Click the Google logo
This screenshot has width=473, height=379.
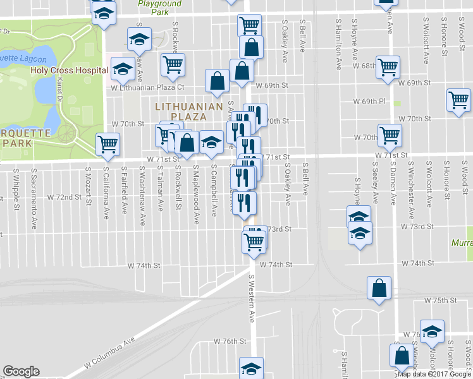click(21, 372)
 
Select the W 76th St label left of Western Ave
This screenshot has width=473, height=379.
click(229, 341)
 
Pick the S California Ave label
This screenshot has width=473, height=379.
click(106, 188)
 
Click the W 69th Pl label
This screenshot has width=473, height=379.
click(369, 102)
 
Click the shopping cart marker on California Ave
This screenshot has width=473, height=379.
click(108, 145)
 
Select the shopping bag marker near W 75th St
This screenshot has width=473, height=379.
click(378, 288)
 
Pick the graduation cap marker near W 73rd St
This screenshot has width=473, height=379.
click(359, 234)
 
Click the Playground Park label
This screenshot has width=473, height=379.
click(161, 8)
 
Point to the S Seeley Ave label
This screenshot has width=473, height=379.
click(374, 186)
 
